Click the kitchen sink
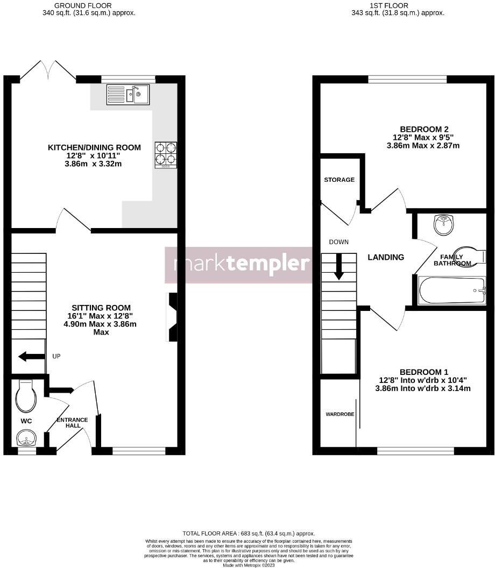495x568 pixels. (128, 95)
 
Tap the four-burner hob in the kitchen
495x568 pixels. (166, 154)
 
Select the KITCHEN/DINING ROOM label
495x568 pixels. (94, 147)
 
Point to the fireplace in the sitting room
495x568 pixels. (173, 317)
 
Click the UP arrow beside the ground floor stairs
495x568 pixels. (32, 356)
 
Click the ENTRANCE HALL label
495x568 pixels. (73, 423)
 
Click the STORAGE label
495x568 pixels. (339, 180)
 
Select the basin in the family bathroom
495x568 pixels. (444, 224)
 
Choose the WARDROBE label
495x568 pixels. (339, 415)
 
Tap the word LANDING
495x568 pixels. (386, 257)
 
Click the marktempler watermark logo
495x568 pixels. (238, 265)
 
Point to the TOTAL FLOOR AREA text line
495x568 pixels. (248, 533)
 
